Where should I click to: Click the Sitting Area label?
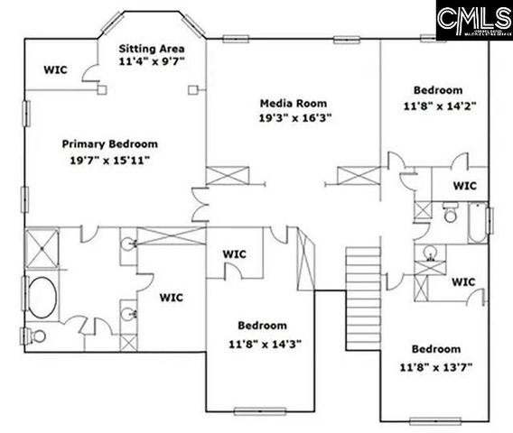coord(153,48)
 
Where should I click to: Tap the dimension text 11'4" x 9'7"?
coord(153,62)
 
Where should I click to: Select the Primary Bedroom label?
coord(110,143)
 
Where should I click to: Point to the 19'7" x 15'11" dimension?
coord(110,160)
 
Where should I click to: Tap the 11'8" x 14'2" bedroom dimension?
coord(439,105)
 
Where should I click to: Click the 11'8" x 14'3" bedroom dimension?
coord(263,342)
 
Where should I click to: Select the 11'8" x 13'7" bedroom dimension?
coord(437,365)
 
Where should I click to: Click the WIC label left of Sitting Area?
coord(57,69)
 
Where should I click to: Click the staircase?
coord(363,272)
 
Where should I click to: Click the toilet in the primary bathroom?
coord(37,336)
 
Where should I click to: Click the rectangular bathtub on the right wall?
coord(476,222)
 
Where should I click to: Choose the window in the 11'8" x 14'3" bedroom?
coord(253,411)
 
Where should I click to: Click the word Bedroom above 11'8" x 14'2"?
coord(439,90)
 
